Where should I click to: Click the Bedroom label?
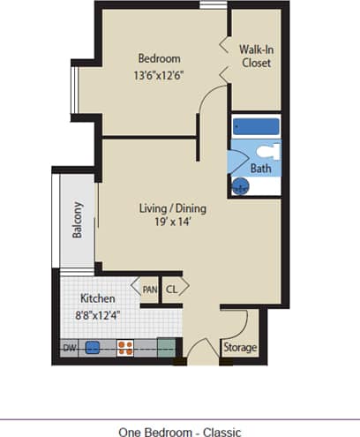[159, 59]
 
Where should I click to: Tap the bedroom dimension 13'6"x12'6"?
[159, 75]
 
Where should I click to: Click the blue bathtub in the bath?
[256, 127]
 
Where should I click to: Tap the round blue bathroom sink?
[239, 185]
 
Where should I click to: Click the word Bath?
[261, 168]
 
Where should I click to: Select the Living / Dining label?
[173, 208]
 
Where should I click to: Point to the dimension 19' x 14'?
[173, 223]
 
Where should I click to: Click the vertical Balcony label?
[78, 221]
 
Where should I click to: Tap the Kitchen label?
[98, 298]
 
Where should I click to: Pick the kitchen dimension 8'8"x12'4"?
[98, 314]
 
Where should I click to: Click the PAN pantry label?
[149, 288]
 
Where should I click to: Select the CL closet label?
[172, 288]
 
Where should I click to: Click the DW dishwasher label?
[70, 348]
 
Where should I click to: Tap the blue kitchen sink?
[92, 348]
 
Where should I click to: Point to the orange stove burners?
[126, 348]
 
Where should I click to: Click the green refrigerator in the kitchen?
[166, 347]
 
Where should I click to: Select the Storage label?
[239, 348]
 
